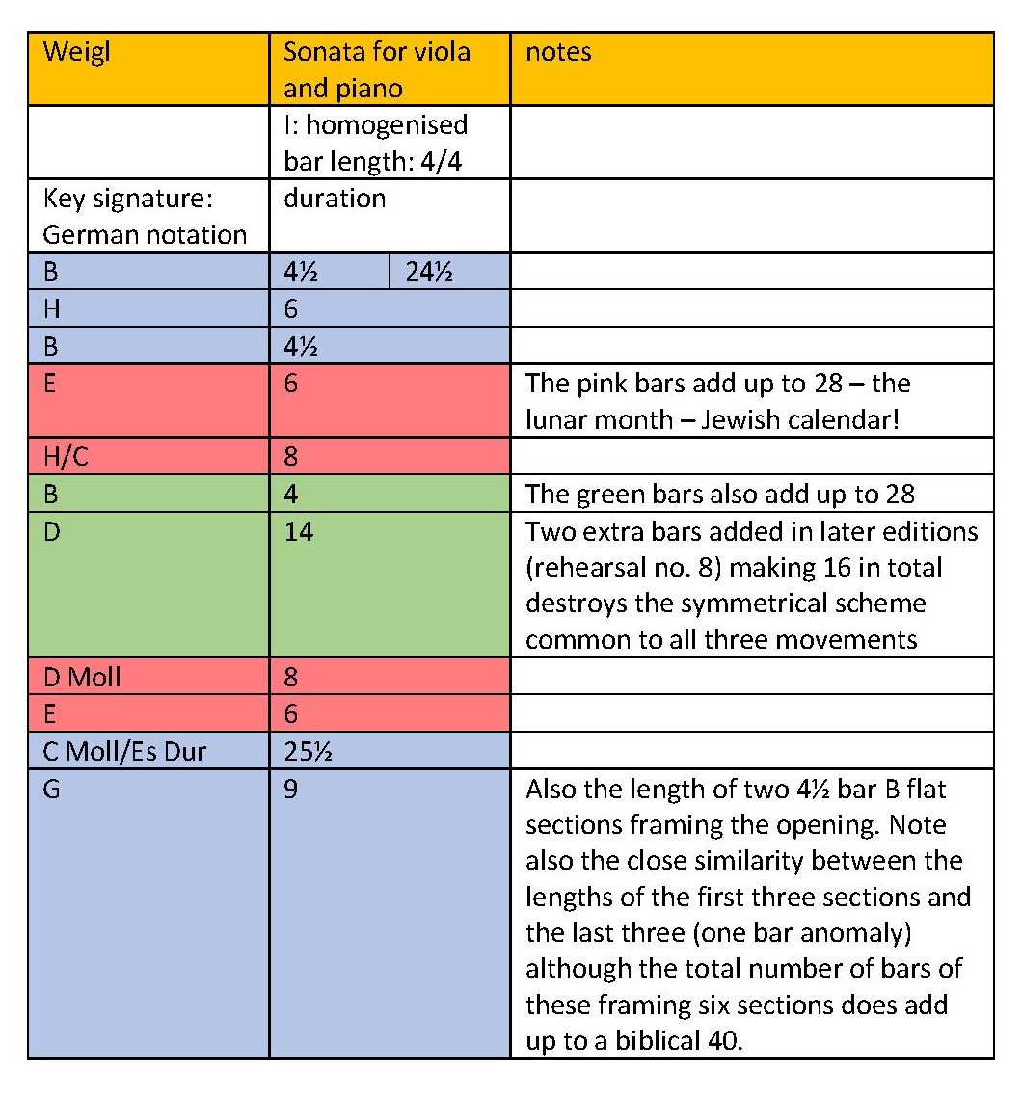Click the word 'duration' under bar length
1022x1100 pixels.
[x=334, y=198]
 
